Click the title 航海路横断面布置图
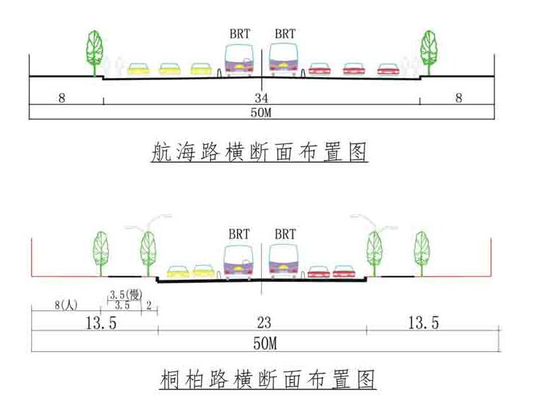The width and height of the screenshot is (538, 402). coord(258,152)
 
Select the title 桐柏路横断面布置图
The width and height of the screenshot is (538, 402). coord(268,379)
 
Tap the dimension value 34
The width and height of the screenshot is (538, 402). coord(261,98)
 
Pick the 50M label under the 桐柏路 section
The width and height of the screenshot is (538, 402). coord(264,342)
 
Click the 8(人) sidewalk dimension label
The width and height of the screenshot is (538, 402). coord(66,305)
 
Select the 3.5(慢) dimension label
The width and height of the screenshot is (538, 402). coord(124,293)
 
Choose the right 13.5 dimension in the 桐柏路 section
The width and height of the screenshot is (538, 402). coord(423,323)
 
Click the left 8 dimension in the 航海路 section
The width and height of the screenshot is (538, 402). coord(62,98)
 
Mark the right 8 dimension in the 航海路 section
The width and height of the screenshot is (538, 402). coord(459,98)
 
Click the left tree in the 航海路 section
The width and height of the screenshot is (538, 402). coord(94,50)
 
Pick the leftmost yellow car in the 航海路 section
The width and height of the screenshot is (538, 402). coord(139,69)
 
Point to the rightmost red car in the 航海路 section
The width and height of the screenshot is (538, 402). coord(387,70)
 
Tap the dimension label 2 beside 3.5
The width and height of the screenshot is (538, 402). coord(149,305)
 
